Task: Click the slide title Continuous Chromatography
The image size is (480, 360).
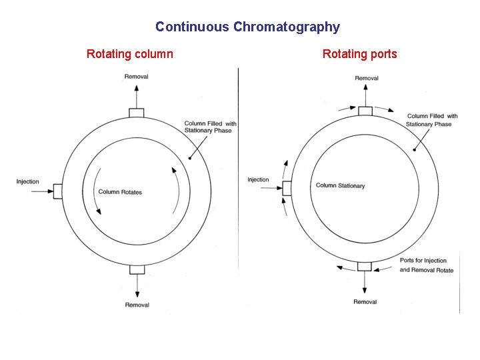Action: point(247,27)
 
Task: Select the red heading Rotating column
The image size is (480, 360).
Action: point(129,54)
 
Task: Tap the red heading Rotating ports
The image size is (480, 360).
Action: point(359,54)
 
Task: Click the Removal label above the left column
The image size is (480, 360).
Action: point(137,77)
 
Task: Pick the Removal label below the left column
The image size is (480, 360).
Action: point(137,305)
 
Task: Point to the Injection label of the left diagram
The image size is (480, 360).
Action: point(28,181)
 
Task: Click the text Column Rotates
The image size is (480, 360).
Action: point(120,192)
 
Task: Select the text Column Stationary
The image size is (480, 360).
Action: point(340,185)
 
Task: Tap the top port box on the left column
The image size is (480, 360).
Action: point(137,113)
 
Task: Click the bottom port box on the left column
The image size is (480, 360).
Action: point(137,269)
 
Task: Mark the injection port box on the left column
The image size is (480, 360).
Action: point(58,191)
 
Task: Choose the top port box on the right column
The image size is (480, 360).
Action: point(365,111)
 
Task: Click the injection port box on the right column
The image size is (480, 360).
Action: point(287,188)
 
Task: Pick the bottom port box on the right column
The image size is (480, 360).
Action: point(365,266)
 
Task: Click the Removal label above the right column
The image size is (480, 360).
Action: point(367,78)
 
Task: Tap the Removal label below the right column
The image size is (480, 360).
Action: point(365,302)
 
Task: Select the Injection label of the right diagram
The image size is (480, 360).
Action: point(258,179)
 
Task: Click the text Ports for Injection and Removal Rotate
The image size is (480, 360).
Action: point(426,265)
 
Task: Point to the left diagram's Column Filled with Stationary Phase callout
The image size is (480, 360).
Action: point(210,127)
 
